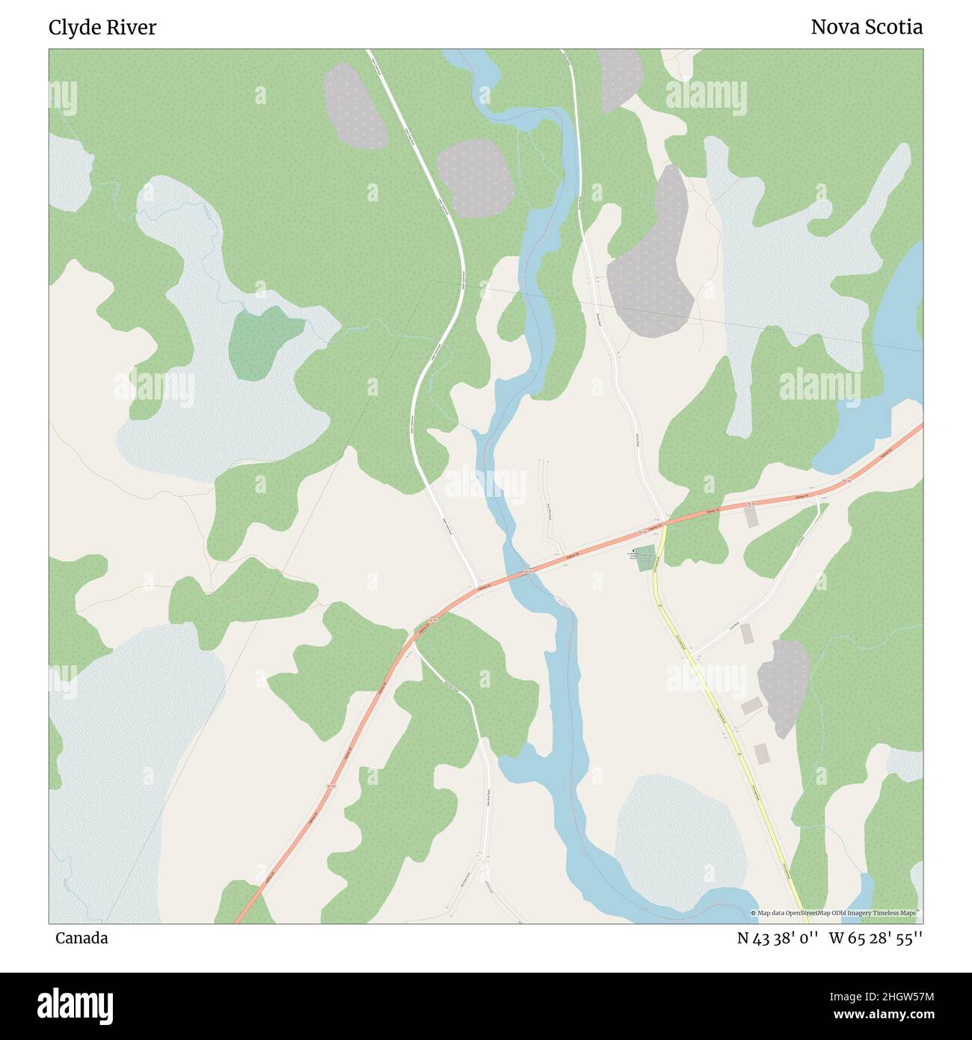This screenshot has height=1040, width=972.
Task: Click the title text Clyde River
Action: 102,28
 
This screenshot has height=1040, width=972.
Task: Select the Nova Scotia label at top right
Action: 866,28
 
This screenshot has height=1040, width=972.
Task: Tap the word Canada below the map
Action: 81,937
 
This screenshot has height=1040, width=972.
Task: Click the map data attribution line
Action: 836,913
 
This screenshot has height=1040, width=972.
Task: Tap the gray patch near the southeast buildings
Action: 784,685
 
